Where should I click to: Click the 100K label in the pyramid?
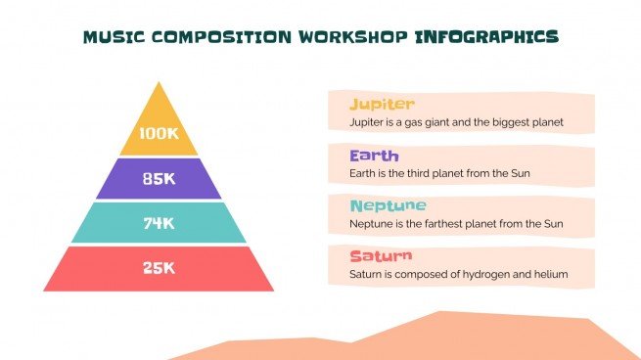point(159,134)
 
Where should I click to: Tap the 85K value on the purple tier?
point(159,179)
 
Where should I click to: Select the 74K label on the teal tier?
point(159,223)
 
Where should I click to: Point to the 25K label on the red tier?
point(159,267)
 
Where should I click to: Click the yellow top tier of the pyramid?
point(159,108)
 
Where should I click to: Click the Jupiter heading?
point(382,104)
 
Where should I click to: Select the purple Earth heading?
point(374,155)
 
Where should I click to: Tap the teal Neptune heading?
point(388,205)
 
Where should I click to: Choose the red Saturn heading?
point(379,256)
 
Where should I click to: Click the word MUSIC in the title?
point(113,37)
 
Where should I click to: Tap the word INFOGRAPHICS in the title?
point(486,37)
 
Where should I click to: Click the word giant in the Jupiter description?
point(441,123)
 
